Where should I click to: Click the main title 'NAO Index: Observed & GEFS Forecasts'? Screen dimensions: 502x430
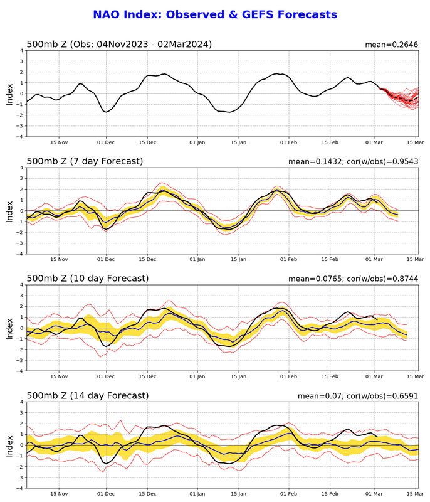(x=215, y=14)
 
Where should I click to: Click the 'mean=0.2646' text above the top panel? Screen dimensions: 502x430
(x=392, y=45)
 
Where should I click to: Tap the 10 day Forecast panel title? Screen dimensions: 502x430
(x=90, y=278)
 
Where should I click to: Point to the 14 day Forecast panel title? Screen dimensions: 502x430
(x=90, y=395)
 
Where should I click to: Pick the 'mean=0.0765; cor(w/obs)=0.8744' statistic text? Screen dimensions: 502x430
(x=354, y=279)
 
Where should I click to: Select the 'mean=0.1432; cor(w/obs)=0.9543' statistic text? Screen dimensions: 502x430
(x=354, y=162)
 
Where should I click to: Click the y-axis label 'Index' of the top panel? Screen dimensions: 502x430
(x=9, y=93)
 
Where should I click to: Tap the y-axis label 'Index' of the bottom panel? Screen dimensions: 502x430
(x=9, y=445)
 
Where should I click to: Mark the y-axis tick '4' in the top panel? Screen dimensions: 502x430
(x=21, y=50)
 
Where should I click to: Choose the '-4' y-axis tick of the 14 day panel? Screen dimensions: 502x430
(x=19, y=488)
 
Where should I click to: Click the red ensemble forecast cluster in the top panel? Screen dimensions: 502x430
(x=401, y=97)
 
